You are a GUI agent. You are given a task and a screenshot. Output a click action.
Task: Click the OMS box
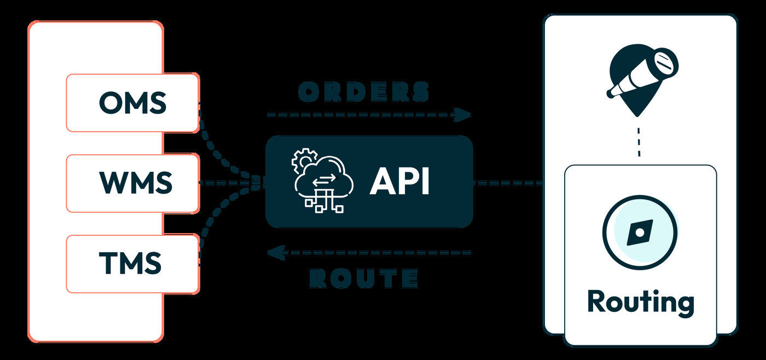click(132, 103)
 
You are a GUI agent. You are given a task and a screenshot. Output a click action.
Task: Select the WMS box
click(132, 183)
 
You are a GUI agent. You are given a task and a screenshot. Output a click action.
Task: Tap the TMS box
click(132, 264)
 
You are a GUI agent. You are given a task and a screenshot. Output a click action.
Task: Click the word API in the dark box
click(399, 182)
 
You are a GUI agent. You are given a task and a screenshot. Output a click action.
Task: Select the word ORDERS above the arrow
click(364, 92)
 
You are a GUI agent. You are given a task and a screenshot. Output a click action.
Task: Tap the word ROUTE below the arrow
click(364, 278)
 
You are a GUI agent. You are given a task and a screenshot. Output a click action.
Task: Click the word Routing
click(640, 302)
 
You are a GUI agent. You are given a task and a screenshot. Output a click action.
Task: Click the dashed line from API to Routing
click(507, 183)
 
